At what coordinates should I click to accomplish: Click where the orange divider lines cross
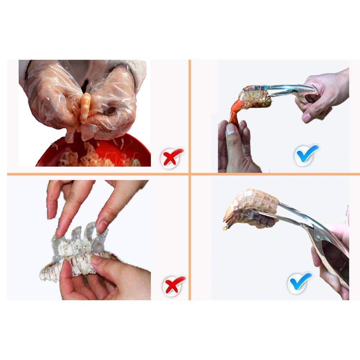(189, 174)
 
